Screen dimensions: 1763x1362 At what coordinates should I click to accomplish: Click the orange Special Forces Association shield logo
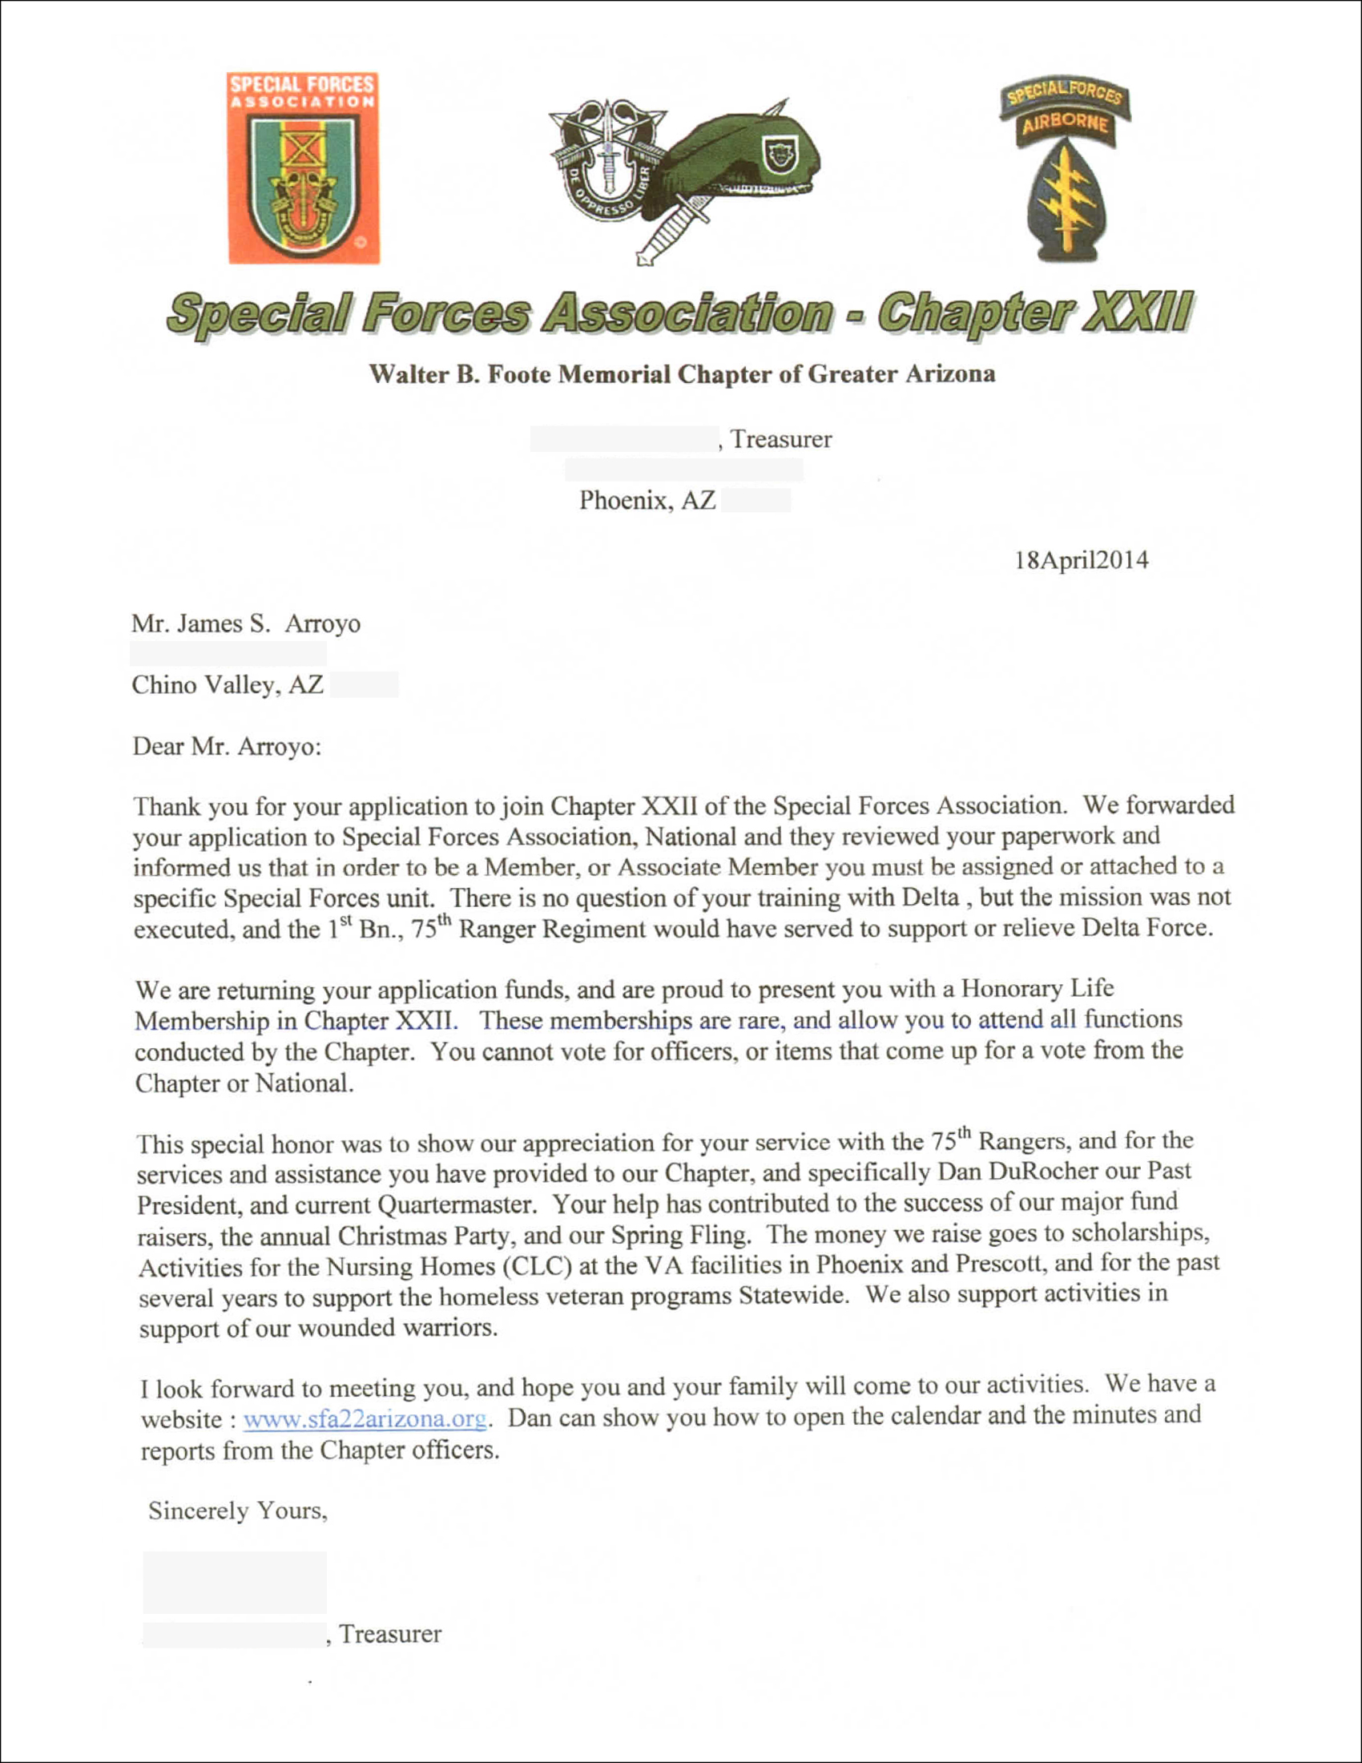304,168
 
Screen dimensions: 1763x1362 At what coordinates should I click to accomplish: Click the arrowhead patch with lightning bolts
1065,198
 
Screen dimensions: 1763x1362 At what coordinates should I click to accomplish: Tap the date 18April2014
1082,560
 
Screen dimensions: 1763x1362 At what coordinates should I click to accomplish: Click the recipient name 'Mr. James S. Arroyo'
246,623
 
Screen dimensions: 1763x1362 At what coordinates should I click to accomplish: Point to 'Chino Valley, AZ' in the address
228,684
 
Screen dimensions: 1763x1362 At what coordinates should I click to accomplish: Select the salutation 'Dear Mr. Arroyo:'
227,746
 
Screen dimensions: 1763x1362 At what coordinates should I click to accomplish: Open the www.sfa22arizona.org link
365,1419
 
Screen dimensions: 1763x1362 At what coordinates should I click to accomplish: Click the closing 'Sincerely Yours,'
238,1511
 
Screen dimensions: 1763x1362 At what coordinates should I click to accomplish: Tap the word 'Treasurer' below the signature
390,1634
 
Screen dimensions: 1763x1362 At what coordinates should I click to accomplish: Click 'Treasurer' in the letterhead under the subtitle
781,439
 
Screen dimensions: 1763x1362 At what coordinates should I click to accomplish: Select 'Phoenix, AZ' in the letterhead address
647,501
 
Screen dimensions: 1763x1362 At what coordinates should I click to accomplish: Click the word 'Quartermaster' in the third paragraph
456,1205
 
